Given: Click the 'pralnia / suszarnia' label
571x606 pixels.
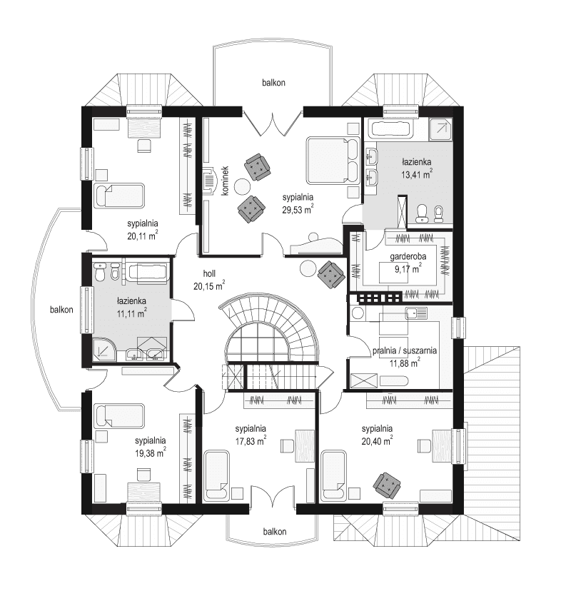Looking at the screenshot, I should pyautogui.click(x=405, y=351).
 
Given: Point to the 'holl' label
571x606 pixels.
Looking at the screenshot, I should pyautogui.click(x=208, y=273).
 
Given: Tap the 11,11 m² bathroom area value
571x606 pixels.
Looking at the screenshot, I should pyautogui.click(x=132, y=313).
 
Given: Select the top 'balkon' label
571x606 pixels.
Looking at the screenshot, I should pyautogui.click(x=273, y=83).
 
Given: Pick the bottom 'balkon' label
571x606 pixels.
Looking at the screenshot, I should pyautogui.click(x=274, y=532).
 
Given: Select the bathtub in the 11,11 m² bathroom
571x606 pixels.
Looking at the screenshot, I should pyautogui.click(x=147, y=272).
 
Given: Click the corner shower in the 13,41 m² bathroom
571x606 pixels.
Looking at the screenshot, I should pyautogui.click(x=441, y=128).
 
